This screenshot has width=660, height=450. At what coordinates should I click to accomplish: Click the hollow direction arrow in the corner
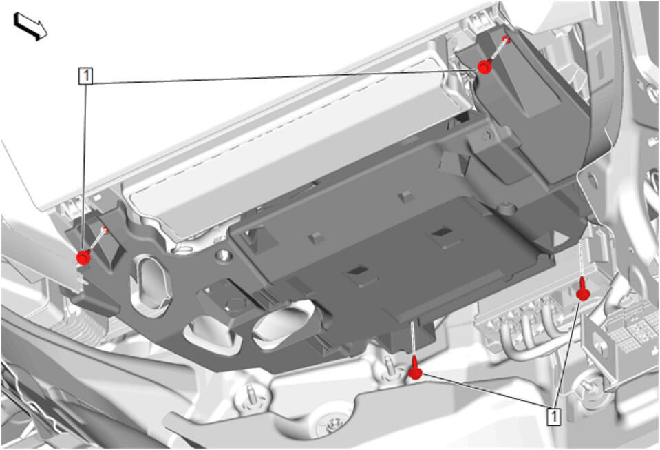(30, 26)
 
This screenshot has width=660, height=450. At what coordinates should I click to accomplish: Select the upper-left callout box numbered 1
(86, 76)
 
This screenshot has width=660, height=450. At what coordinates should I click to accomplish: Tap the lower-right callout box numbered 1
(554, 416)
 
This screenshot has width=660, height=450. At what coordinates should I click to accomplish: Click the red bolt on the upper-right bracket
(485, 67)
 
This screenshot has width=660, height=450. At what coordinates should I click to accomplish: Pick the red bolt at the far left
(84, 257)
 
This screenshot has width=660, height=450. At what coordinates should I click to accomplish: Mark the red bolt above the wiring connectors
(583, 290)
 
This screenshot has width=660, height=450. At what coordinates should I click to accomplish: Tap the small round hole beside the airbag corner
(223, 255)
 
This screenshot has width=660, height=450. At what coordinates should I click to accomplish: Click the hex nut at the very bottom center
(334, 423)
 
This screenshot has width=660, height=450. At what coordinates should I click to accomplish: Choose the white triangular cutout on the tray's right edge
(560, 239)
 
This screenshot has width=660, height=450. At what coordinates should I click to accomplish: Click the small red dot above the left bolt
(106, 230)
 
